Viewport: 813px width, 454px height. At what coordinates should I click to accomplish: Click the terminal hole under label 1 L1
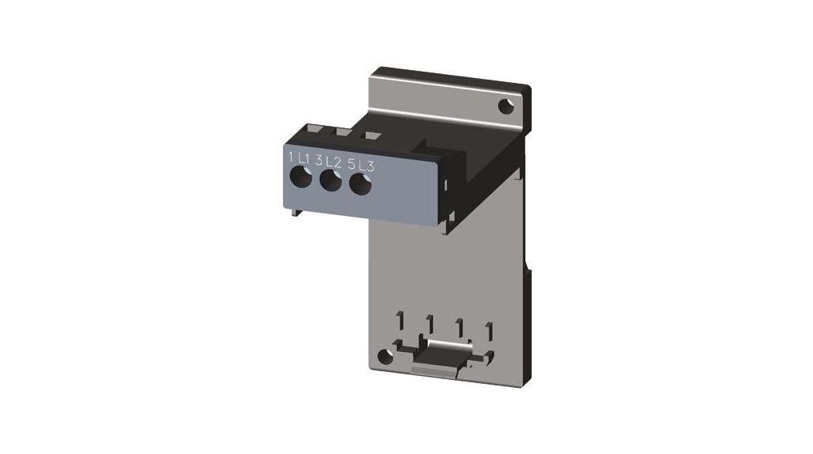pos(300,177)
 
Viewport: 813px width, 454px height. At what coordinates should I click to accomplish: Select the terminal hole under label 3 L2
pos(328,182)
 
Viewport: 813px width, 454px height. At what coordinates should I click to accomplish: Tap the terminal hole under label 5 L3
pos(360,186)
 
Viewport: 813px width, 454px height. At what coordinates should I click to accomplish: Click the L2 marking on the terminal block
pos(335,162)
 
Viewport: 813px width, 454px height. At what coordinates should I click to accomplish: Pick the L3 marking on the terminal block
pos(366,166)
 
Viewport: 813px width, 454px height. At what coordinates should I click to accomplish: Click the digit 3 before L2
pos(319,160)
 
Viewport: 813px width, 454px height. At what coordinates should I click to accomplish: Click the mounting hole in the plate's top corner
pos(505,105)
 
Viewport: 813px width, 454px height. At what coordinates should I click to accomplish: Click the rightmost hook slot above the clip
pos(489,330)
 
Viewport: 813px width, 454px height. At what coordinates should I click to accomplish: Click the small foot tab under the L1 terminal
pos(296,208)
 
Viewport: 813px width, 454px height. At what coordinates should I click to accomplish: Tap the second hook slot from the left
pos(430,324)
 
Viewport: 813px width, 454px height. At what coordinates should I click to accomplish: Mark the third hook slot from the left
pos(459,327)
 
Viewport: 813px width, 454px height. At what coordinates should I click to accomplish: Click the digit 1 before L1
pos(290,156)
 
